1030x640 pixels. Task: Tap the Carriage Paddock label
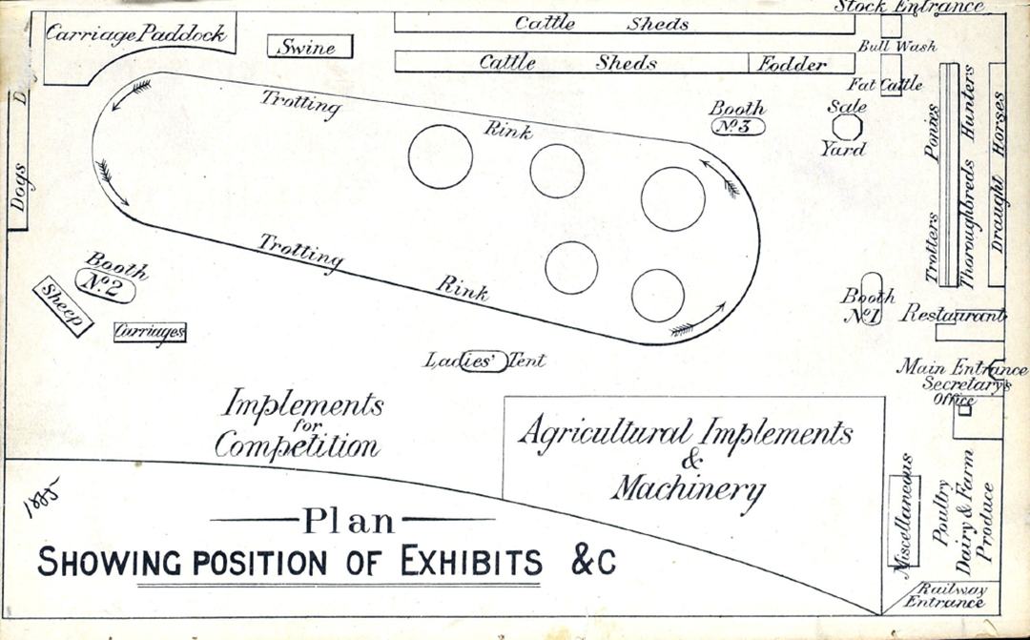coord(137,34)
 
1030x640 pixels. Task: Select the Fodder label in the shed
coord(793,64)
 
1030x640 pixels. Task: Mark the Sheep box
coord(64,307)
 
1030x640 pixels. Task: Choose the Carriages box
coord(150,332)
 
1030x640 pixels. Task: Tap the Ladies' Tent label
coord(485,361)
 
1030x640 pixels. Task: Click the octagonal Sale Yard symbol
coord(846,126)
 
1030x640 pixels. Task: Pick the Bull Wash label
coord(897,46)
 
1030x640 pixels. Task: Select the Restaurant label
coord(955,315)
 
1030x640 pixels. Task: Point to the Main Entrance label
coord(962,368)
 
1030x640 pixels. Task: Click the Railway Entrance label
coord(945,596)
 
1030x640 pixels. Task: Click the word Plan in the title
coord(348,521)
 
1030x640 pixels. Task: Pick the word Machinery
coord(688,488)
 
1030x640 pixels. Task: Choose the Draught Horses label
coord(998,172)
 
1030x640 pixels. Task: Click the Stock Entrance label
coord(909,7)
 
